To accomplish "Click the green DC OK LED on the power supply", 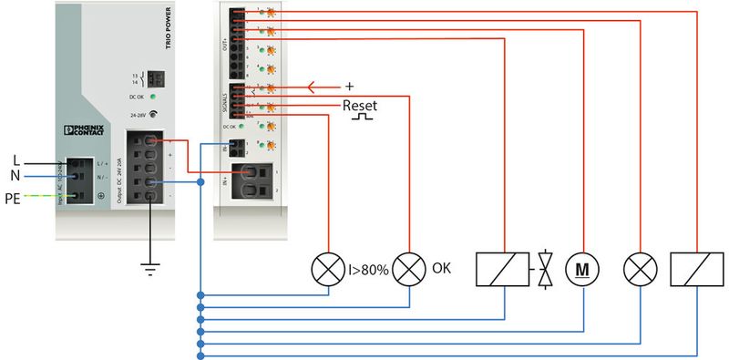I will [154, 96].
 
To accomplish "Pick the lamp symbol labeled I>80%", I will [326, 270].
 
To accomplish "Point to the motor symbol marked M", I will [580, 270].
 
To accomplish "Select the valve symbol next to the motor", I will [545, 270].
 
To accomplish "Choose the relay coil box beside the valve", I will [502, 270].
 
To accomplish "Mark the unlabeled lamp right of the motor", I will [637, 270].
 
